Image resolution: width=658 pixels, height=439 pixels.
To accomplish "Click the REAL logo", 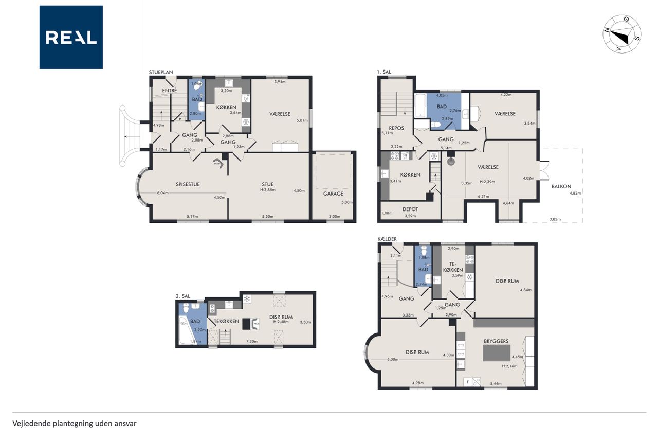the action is tap(71, 38).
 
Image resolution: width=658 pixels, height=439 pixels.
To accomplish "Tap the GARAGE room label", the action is tap(333, 194).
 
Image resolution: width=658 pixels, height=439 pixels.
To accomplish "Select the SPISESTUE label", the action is tap(188, 184).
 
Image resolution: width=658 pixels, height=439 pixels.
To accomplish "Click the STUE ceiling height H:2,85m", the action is tap(268, 190).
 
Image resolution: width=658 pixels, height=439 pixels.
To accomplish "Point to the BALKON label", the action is tap(561, 186).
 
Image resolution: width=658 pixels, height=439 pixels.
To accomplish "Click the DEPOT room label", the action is tap(410, 209).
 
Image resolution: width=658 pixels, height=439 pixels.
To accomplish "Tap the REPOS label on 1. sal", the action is tap(396, 128).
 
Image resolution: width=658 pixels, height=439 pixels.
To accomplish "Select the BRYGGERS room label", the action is tap(496, 341).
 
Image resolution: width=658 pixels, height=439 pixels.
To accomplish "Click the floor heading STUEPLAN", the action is tap(161, 72).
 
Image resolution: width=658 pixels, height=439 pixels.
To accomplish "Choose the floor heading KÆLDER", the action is tap(387, 239).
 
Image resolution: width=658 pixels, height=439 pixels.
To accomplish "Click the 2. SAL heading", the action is tap(182, 296).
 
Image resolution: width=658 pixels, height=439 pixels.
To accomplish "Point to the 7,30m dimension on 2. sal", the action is tap(252, 341).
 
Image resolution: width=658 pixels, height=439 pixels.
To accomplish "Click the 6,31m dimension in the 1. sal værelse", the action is tap(484, 196).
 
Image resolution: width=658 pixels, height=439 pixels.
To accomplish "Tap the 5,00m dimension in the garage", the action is tap(346, 202).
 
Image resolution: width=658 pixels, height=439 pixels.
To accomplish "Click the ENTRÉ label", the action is tap(170, 90).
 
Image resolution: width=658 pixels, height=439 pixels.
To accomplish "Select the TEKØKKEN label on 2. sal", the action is tap(226, 321).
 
